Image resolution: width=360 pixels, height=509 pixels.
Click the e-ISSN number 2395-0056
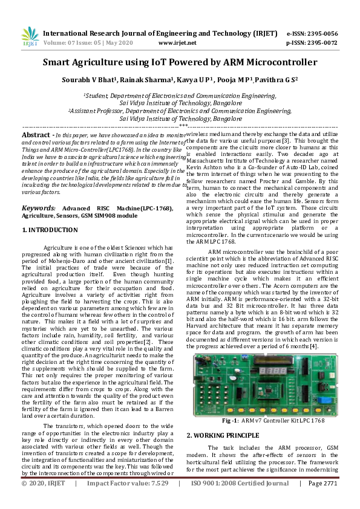pos(321,33)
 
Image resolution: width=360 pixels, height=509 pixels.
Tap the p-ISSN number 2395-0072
pos(321,43)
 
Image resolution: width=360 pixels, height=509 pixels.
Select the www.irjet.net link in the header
pos(177,43)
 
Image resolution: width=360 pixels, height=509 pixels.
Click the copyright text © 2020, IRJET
pos(44,501)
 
